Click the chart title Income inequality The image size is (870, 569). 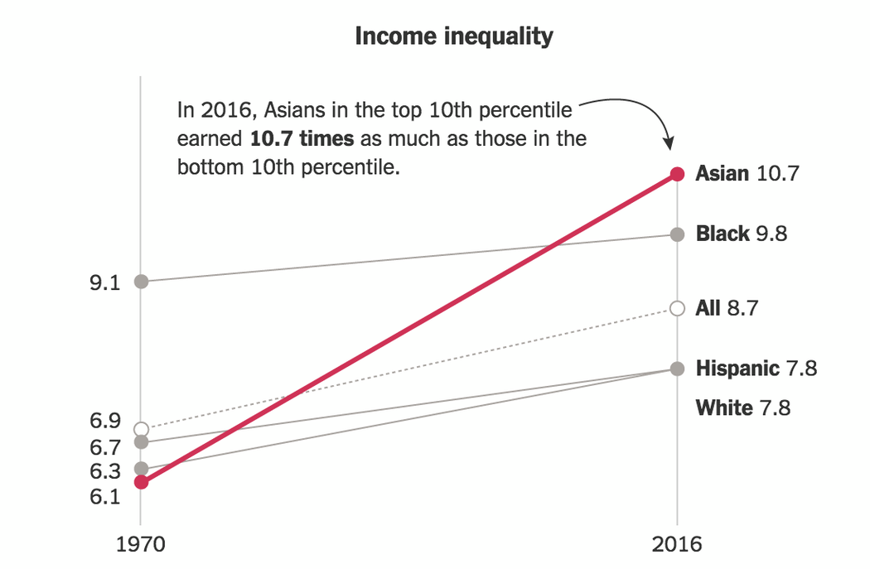pyautogui.click(x=453, y=36)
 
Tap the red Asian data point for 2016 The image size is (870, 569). pyautogui.click(x=677, y=174)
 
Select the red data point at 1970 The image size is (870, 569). pyautogui.click(x=141, y=482)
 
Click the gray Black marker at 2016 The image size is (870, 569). pyautogui.click(x=677, y=234)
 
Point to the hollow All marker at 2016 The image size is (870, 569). pyautogui.click(x=677, y=308)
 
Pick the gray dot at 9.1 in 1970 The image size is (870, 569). pyautogui.click(x=141, y=282)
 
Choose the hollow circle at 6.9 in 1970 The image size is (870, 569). pyautogui.click(x=141, y=429)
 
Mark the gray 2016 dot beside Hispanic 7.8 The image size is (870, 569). pyautogui.click(x=677, y=369)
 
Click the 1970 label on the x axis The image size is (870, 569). pyautogui.click(x=141, y=545)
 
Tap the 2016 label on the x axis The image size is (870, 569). pyautogui.click(x=677, y=545)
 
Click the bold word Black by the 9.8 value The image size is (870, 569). pyautogui.click(x=723, y=234)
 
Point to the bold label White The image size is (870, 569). pyautogui.click(x=724, y=407)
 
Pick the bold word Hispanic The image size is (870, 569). pyautogui.click(x=737, y=369)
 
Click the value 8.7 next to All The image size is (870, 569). pyautogui.click(x=744, y=308)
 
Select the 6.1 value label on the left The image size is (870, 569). pyautogui.click(x=104, y=497)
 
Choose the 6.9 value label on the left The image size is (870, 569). pyautogui.click(x=104, y=421)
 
